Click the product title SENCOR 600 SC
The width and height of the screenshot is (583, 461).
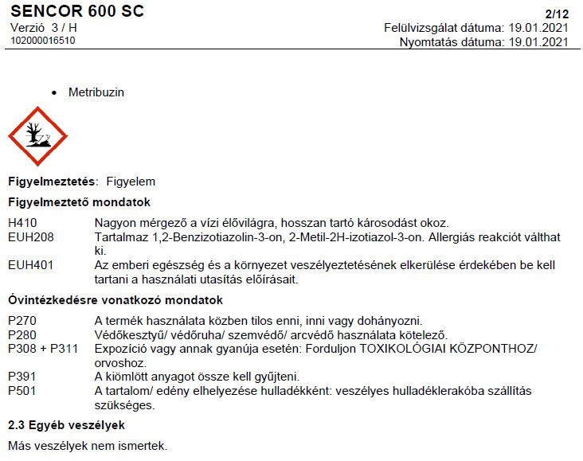[x=77, y=12]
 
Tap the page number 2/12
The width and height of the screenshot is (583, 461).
[x=557, y=14]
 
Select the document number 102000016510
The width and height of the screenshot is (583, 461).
[x=43, y=41]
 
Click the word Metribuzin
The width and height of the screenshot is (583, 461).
[x=96, y=92]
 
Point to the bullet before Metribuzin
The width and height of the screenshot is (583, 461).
[x=54, y=93]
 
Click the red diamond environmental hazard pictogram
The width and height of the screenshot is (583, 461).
[x=37, y=136]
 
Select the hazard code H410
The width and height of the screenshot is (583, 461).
[x=22, y=222]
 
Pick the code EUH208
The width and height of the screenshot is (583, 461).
[x=28, y=237]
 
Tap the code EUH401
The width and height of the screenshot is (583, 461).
[x=28, y=265]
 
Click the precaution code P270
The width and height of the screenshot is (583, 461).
[x=22, y=321]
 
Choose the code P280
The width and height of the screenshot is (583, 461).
[x=22, y=335]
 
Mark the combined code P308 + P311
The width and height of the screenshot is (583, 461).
[x=41, y=349]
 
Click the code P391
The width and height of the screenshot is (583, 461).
[x=22, y=377]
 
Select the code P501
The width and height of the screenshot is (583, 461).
[x=22, y=391]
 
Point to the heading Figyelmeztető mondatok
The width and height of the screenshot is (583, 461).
[x=79, y=202]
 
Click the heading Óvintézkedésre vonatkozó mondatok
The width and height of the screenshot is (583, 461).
[x=115, y=300]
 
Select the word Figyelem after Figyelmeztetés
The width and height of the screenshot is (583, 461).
[x=131, y=182]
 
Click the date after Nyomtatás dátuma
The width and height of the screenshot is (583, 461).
[x=539, y=41]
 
